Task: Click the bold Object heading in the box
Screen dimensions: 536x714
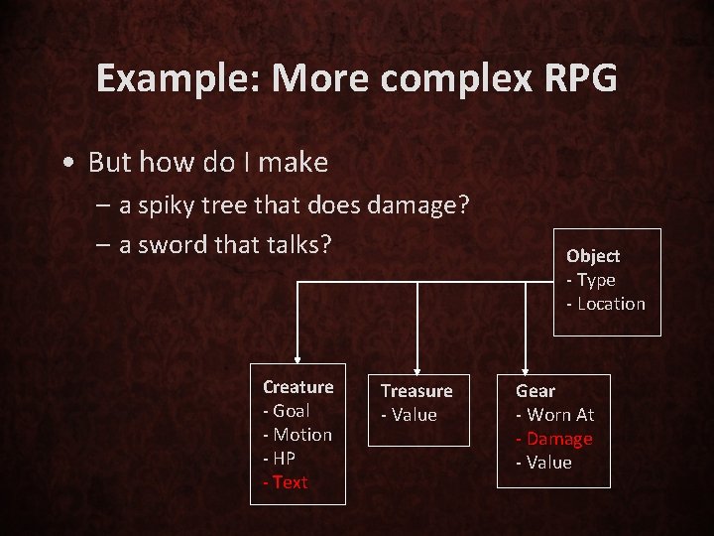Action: pos(593,256)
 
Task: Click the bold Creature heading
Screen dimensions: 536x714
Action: pos(297,387)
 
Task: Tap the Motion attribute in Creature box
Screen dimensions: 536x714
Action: pos(301,435)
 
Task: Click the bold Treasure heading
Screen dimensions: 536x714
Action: pos(416,391)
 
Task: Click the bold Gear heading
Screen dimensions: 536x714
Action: pos(535,391)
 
